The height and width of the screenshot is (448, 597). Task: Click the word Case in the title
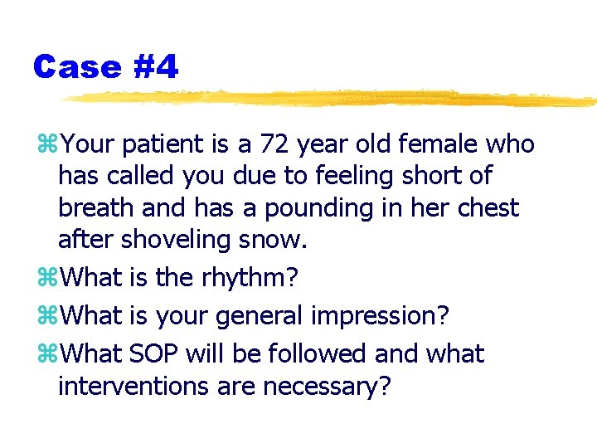[77, 66]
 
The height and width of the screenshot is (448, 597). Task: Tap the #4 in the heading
[154, 66]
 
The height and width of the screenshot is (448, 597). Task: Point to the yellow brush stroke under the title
[332, 99]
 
